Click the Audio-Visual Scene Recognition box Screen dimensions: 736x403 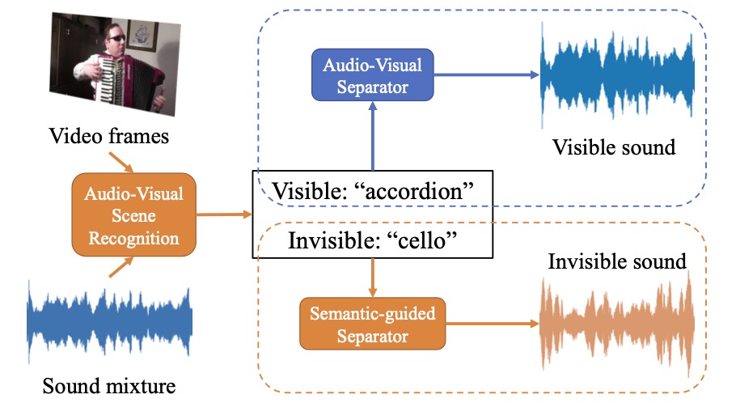point(133,214)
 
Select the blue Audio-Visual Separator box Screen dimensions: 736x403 point(373,74)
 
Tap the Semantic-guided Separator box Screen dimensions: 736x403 point(373,324)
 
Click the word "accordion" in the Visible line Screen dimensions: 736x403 point(414,191)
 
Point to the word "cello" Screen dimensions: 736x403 point(421,240)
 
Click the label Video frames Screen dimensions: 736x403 point(109,136)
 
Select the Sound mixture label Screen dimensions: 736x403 point(109,386)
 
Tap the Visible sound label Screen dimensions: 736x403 point(614,147)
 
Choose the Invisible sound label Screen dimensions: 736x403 point(617,261)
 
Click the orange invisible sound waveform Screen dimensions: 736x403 point(617,324)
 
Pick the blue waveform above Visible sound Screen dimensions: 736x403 point(617,75)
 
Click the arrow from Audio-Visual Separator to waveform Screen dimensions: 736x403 point(487,74)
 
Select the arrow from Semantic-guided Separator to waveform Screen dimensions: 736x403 point(493,323)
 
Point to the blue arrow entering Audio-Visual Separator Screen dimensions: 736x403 point(373,136)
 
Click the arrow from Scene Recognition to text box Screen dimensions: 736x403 point(224,214)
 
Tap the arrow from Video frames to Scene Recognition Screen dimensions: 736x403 point(121,162)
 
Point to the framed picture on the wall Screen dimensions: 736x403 point(142,36)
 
